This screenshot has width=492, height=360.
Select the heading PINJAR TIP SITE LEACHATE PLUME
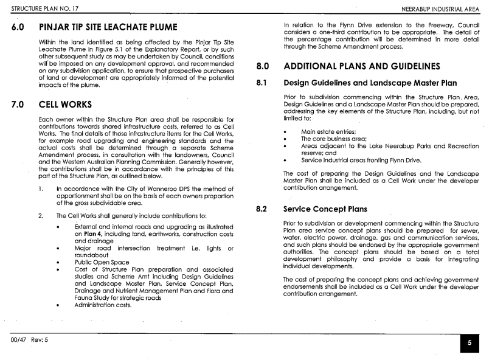108,28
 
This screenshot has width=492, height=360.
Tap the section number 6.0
18,28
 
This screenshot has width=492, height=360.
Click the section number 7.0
18,105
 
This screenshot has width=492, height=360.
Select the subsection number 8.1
262,83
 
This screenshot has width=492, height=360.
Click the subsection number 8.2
262,209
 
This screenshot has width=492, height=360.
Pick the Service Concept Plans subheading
326,209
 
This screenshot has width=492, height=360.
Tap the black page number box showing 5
469,343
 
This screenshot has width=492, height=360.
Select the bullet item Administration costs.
103,305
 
